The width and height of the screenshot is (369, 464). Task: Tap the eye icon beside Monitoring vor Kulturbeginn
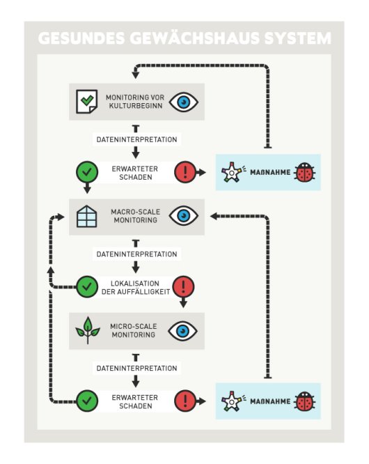[184, 102]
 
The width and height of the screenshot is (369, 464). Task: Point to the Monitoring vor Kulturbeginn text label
[136, 102]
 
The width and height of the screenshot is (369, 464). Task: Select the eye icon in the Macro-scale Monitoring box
[184, 216]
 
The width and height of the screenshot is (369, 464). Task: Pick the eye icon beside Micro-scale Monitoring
[184, 330]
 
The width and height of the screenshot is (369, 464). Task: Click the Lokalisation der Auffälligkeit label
[136, 286]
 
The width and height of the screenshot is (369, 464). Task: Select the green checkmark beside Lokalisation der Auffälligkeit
[87, 286]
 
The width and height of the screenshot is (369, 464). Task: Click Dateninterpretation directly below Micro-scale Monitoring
[136, 368]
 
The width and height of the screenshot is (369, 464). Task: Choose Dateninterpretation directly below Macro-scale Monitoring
[136, 254]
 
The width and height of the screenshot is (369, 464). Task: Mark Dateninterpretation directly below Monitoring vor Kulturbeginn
[136, 139]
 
